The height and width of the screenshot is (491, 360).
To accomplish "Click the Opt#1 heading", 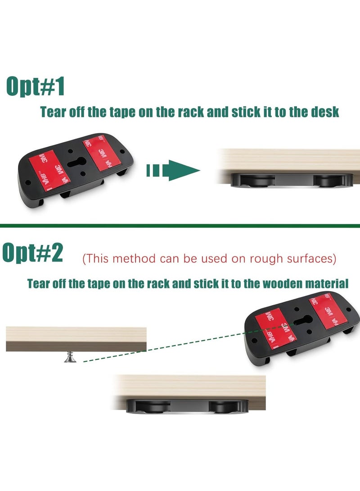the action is click(36, 86).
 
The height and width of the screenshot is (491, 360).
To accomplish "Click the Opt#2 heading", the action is click(32, 253).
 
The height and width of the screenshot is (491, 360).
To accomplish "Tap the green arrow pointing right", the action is click(173, 171).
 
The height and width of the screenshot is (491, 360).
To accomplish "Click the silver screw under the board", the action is click(70, 357).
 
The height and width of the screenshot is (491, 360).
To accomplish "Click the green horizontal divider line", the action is click(180, 225).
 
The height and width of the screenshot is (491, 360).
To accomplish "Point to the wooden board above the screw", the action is click(76, 339).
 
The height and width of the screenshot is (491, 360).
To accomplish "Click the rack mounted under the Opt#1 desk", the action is click(292, 180).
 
